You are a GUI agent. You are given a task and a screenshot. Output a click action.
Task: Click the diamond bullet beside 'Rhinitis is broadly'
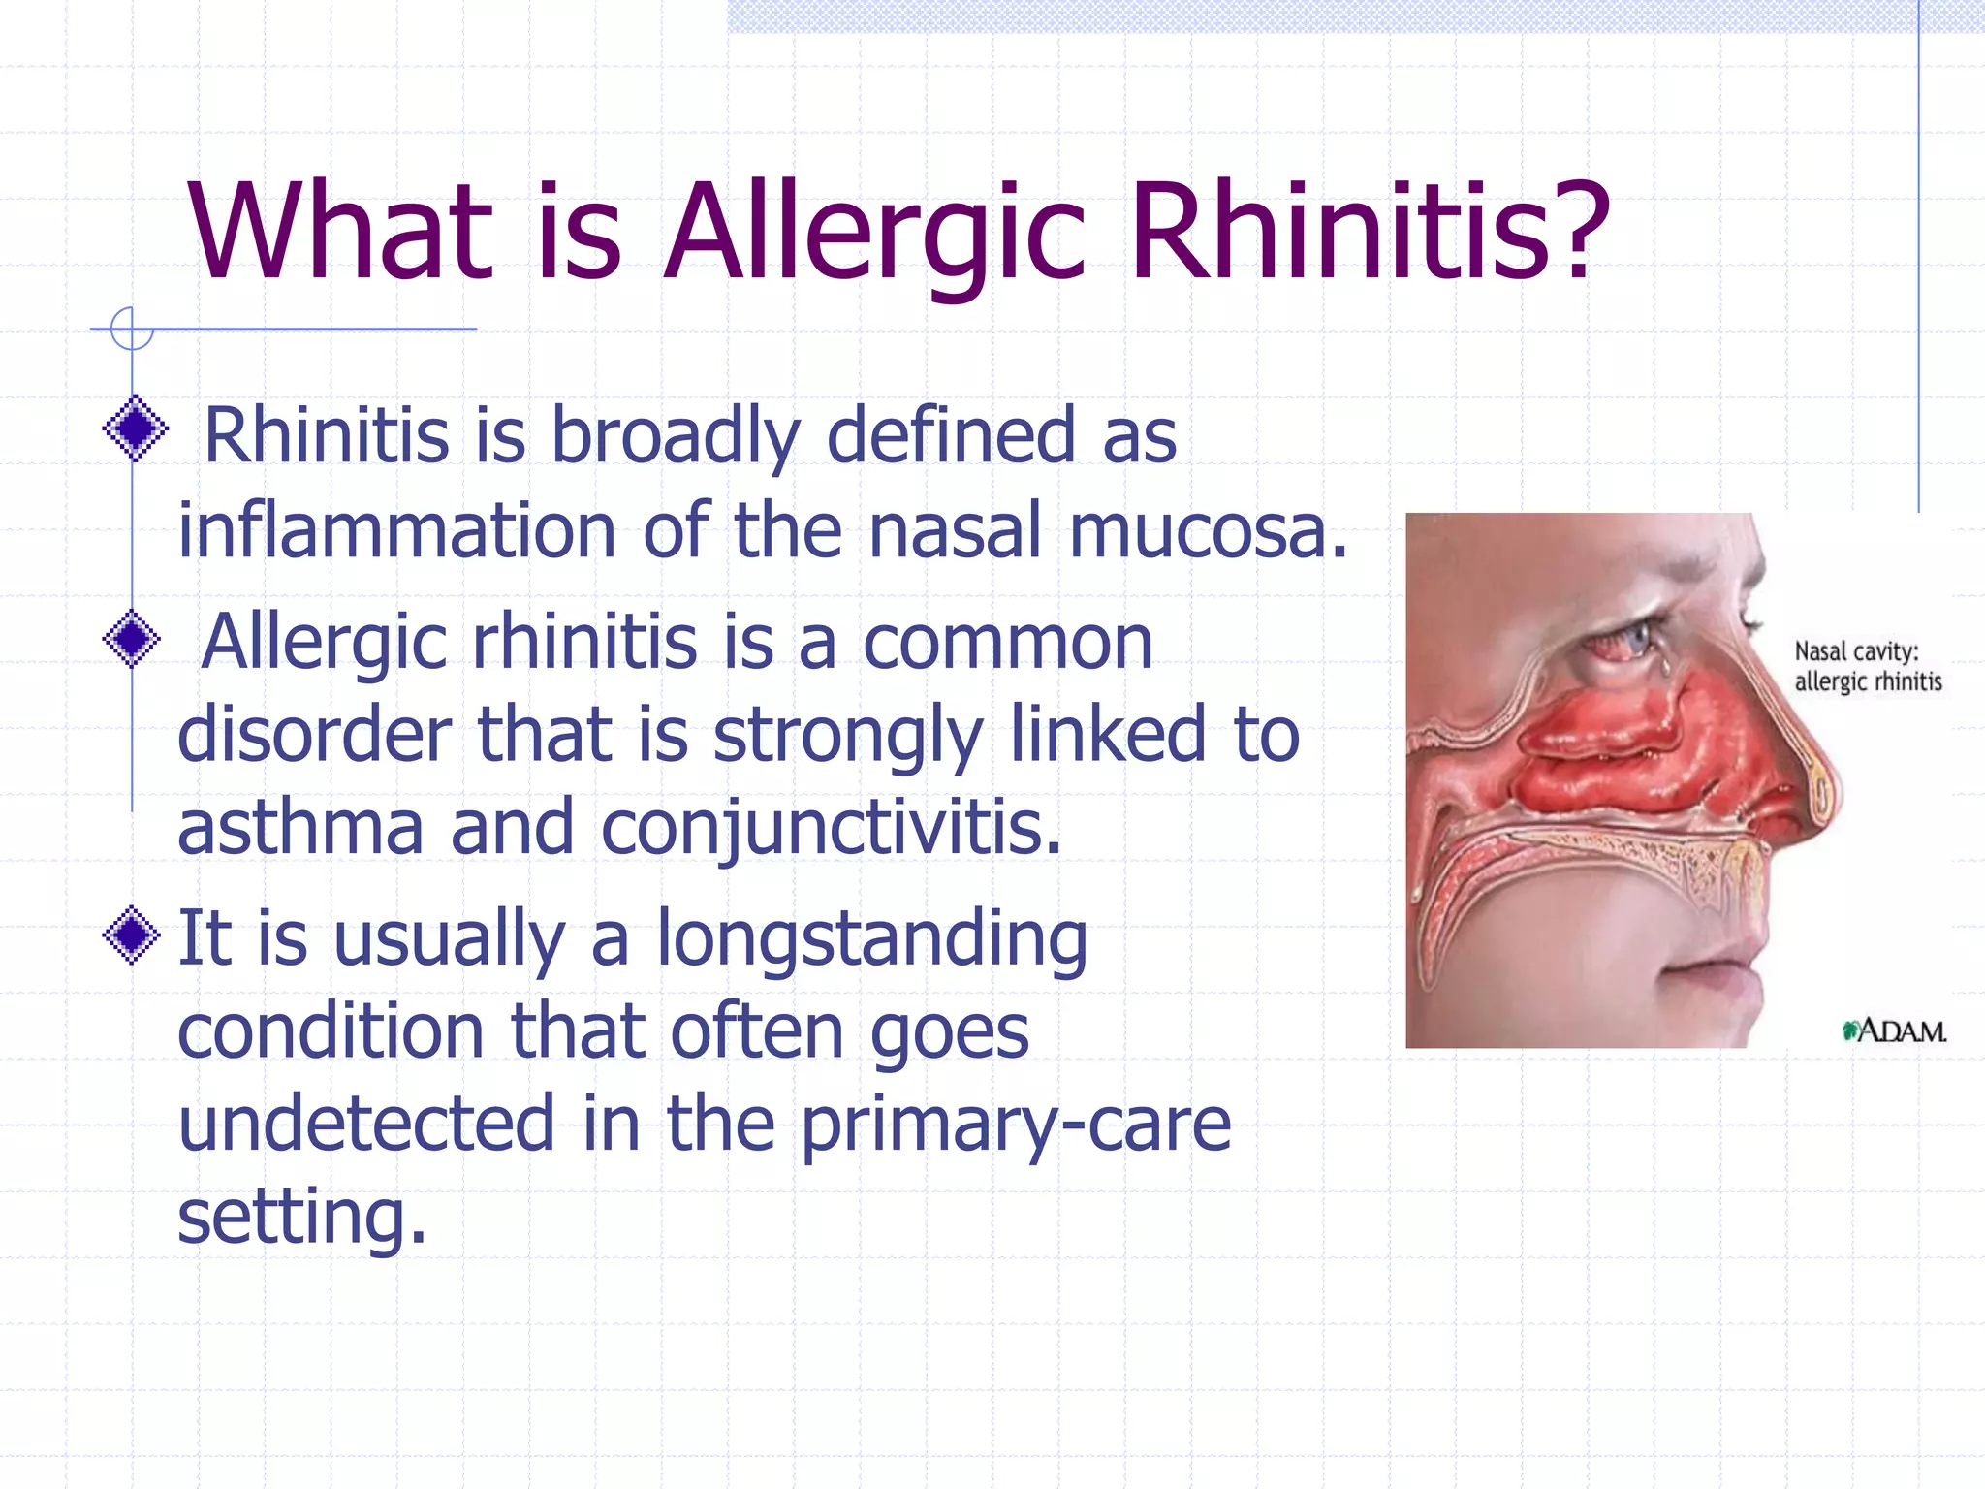(135, 428)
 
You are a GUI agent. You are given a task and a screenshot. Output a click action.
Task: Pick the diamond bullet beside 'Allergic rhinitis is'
(132, 639)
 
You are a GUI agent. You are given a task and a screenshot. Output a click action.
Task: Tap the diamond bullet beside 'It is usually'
(132, 935)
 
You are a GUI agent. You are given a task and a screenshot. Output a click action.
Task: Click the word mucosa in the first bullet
(1209, 531)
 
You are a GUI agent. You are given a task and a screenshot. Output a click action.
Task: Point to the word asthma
(300, 828)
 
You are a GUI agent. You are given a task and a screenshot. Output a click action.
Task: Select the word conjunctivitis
(832, 828)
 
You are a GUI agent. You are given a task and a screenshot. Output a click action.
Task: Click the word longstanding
(872, 938)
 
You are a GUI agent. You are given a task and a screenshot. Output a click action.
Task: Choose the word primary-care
(1016, 1125)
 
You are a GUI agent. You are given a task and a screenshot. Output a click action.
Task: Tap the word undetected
(367, 1125)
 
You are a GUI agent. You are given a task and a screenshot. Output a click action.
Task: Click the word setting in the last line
(301, 1218)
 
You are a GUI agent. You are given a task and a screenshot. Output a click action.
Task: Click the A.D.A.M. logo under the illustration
(1895, 1030)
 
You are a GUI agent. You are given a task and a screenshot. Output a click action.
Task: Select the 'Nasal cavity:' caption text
(1856, 650)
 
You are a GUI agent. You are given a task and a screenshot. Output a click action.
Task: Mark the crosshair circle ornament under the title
(132, 329)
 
